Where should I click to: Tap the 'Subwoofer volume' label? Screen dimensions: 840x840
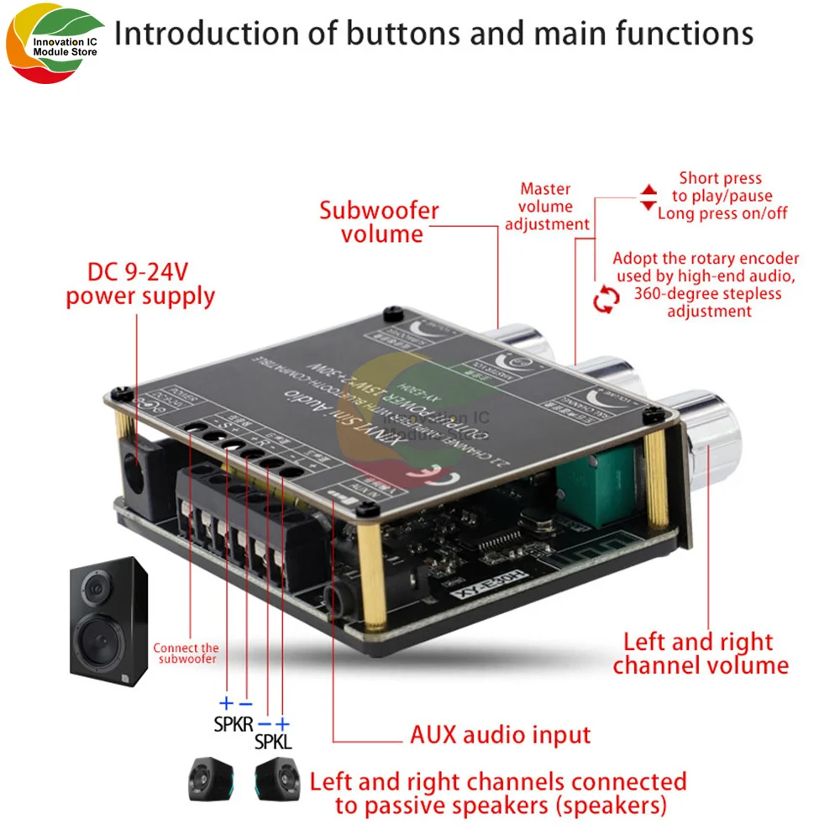pos(379,222)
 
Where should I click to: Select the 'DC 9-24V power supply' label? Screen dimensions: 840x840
pos(140,285)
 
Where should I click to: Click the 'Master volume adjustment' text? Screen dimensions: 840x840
pos(547,207)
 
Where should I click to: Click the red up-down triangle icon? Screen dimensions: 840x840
pos(648,198)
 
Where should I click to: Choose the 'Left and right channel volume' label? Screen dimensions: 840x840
pos(700,654)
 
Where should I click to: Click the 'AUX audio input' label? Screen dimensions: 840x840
pos(500,735)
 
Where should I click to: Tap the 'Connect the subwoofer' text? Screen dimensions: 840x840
pos(186,653)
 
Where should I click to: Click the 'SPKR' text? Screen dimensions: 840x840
pos(234,724)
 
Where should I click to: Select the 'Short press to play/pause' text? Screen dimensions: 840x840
pos(721,186)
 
